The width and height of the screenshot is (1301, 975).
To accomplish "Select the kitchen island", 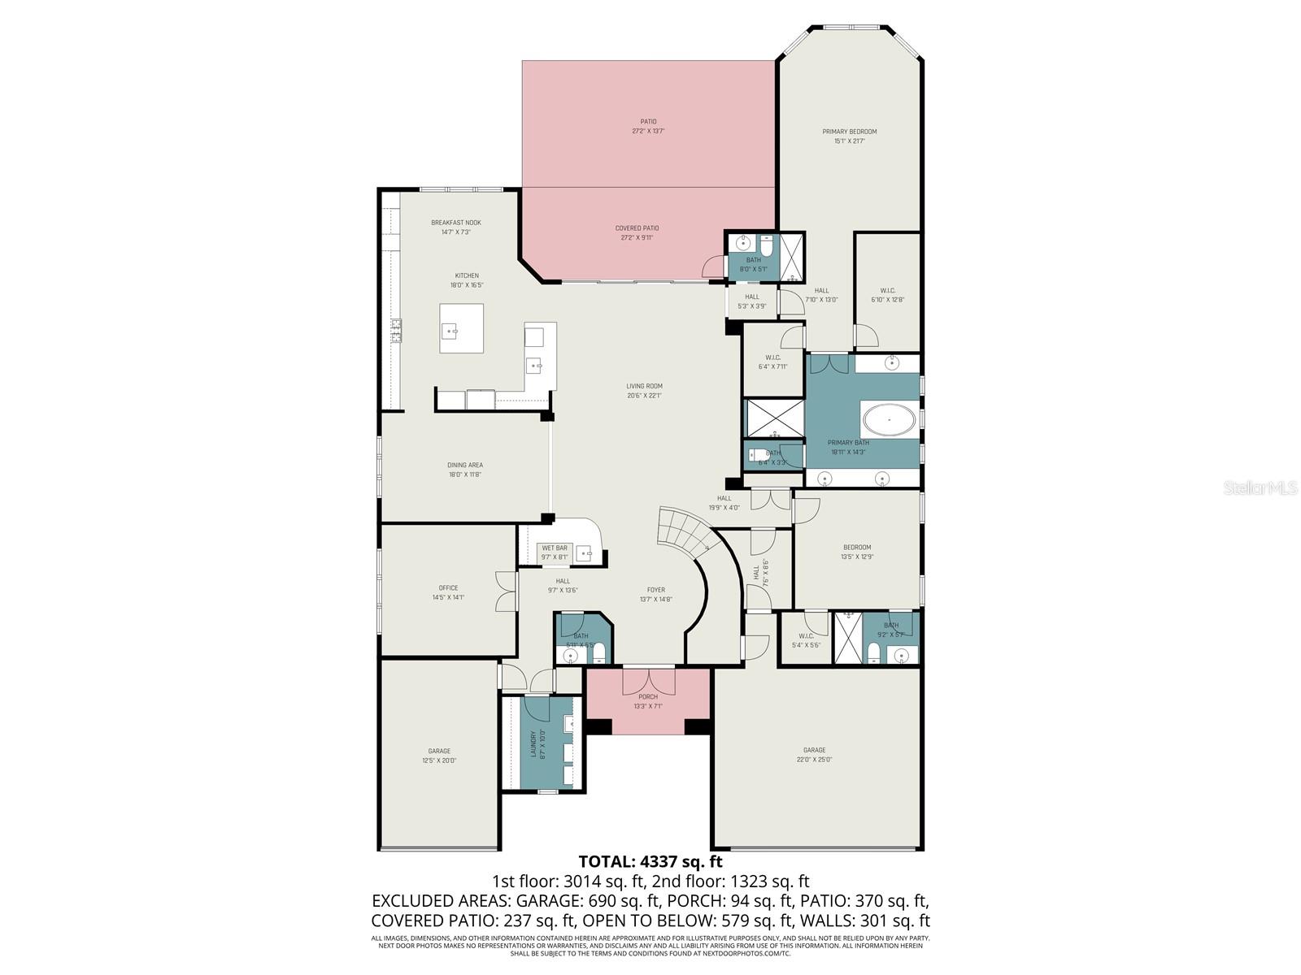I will tap(461, 328).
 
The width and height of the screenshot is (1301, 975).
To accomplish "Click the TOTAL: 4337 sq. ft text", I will tap(650, 861).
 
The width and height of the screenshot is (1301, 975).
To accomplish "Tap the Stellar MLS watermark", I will tap(1265, 488).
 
